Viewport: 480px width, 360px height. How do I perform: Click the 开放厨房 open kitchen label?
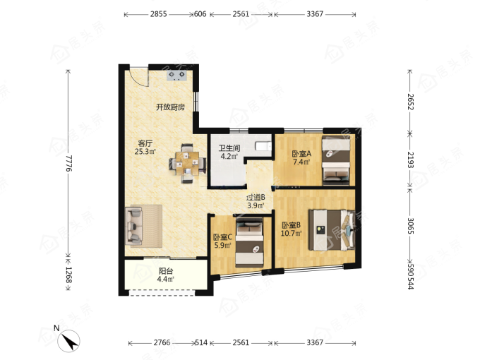point(171,107)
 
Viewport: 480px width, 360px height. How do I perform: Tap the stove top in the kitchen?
point(176,76)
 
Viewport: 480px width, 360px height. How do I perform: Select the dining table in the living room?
point(187,163)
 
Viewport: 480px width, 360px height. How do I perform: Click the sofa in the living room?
point(134,226)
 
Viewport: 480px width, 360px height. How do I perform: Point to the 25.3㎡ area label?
point(145,152)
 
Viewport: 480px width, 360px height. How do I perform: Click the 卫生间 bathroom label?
point(229,148)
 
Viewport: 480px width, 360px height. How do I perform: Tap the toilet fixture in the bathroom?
point(263,146)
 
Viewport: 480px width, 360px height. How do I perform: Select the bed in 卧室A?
point(336,160)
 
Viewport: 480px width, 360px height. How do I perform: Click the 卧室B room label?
point(291,225)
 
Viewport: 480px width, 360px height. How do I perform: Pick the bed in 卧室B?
point(332,230)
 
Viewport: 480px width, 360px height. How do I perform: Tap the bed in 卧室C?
point(249,242)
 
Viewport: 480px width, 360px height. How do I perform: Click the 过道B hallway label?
point(256,198)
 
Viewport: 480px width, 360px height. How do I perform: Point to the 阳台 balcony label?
point(166,271)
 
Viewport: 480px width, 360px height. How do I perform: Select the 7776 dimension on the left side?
point(68,163)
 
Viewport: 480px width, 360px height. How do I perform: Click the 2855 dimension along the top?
point(158,14)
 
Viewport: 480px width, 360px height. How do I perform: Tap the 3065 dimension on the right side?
point(411,226)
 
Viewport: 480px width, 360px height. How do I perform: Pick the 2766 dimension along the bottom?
point(162,342)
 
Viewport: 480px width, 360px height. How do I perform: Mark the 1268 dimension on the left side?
point(68,275)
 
